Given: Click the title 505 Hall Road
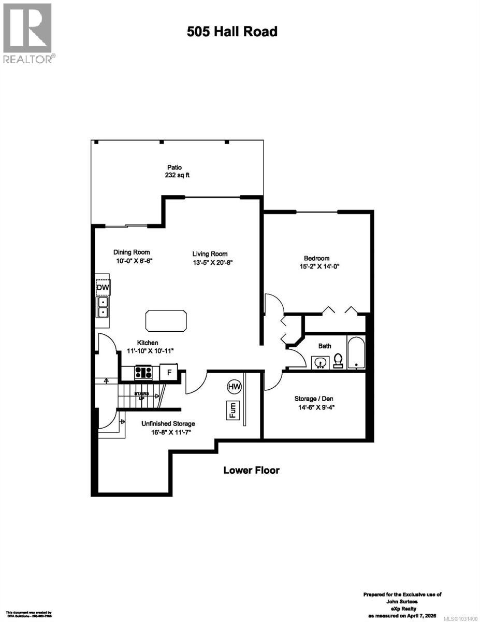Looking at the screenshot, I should click(232, 32).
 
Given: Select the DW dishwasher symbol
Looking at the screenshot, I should click(102, 287).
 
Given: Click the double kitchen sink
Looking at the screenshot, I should click(103, 307).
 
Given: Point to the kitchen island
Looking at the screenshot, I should click(167, 321).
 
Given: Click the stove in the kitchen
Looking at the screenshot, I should click(143, 372).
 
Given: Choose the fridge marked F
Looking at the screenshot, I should click(168, 372).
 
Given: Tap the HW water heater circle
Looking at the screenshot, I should click(235, 387).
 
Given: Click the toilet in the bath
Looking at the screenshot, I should click(339, 360).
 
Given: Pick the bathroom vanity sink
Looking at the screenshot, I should click(321, 362).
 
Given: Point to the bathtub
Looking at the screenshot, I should click(357, 354).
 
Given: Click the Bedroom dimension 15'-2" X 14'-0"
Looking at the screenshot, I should click(317, 266).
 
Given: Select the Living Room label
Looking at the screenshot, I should click(210, 253).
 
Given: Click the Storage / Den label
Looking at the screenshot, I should click(313, 399).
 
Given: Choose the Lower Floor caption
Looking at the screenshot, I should click(251, 470).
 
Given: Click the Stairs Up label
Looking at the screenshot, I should click(141, 394).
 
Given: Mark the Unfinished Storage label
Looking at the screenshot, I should click(168, 423).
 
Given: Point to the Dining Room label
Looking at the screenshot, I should click(132, 252).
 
